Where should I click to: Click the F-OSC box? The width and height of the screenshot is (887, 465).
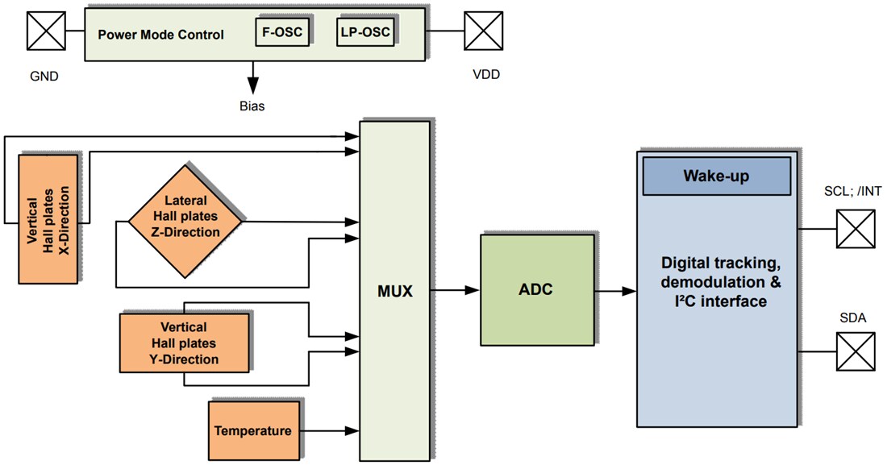pyautogui.click(x=282, y=31)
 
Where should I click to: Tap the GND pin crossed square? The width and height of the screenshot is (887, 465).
pyautogui.click(x=46, y=31)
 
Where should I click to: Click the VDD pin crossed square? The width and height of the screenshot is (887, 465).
pyautogui.click(x=484, y=31)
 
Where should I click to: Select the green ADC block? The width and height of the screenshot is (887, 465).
pyautogui.click(x=536, y=290)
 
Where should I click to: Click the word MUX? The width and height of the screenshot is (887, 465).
pyautogui.click(x=394, y=292)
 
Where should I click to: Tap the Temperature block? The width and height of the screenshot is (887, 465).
pyautogui.click(x=252, y=430)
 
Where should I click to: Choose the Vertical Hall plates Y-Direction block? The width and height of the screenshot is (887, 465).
pyautogui.click(x=184, y=343)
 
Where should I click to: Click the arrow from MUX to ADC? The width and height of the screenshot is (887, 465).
pyautogui.click(x=456, y=290)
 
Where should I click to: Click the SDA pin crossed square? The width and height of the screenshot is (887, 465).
pyautogui.click(x=856, y=352)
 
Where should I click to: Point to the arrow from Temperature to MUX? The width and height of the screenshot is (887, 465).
pyautogui.click(x=331, y=430)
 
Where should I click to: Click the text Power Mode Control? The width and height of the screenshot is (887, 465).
pyautogui.click(x=160, y=35)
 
